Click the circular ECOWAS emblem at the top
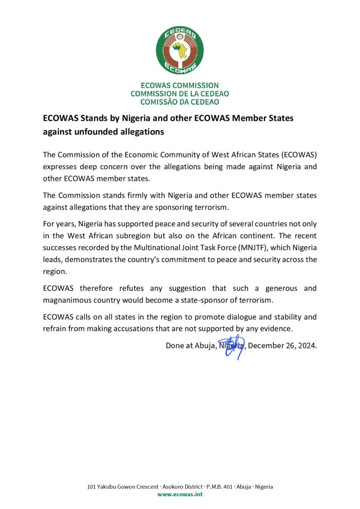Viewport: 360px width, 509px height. pyautogui.click(x=180, y=50)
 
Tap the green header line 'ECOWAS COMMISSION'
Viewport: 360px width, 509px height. pyautogui.click(x=180, y=85)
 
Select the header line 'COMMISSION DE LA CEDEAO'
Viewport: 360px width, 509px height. pyautogui.click(x=180, y=94)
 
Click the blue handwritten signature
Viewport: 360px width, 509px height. pyautogui.click(x=233, y=346)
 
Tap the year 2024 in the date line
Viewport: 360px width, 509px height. pyautogui.click(x=307, y=346)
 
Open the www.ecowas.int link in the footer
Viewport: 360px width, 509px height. pyautogui.click(x=180, y=494)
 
